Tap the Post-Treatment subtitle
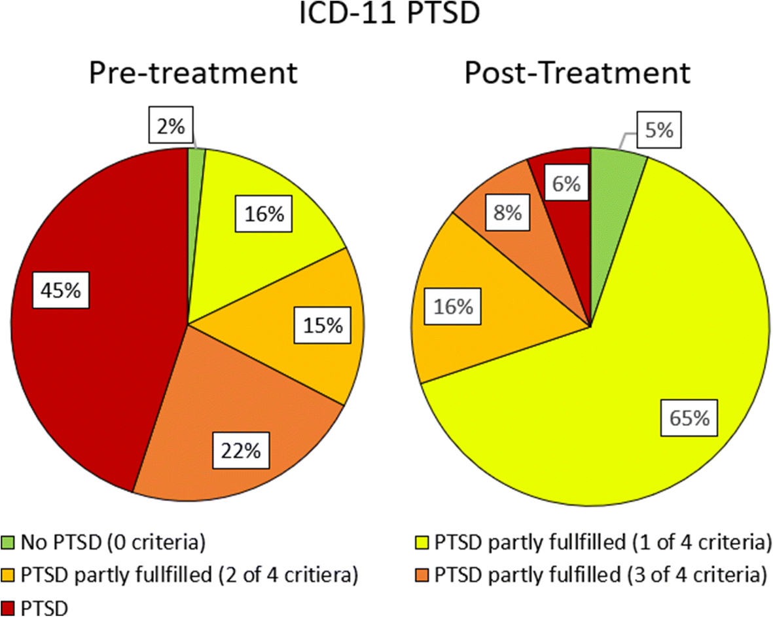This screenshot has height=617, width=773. click(577, 73)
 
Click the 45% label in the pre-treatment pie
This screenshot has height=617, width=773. click(60, 291)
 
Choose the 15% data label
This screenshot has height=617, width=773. click(322, 326)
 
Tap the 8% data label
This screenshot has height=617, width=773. click(507, 212)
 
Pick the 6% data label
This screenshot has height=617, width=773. click(566, 185)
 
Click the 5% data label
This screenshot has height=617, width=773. click(658, 130)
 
